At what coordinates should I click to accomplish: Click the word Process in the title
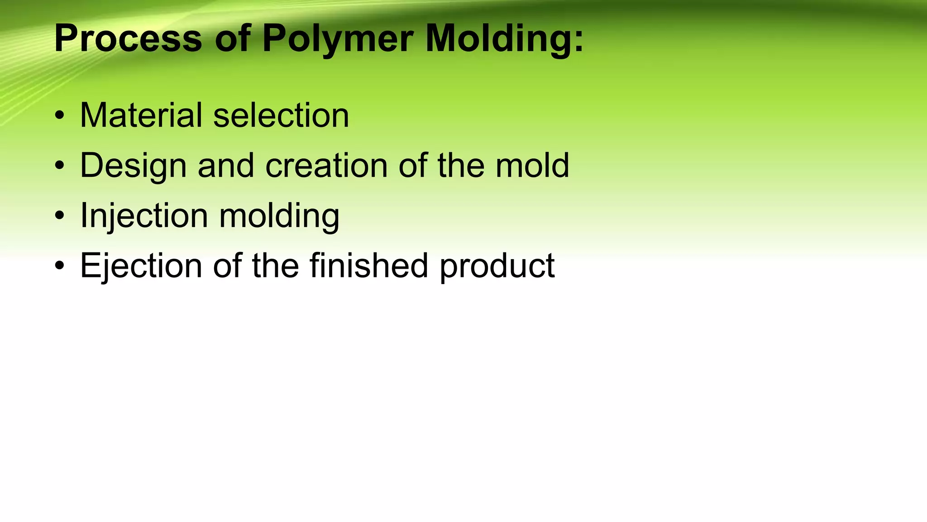(128, 39)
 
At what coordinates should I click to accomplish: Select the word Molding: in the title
(505, 39)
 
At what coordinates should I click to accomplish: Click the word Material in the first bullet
(141, 115)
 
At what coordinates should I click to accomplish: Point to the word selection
(281, 115)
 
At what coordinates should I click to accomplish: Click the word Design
(133, 166)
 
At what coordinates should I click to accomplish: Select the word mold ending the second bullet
(532, 165)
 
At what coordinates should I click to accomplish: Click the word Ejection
(141, 266)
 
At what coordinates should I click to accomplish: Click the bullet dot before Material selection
(59, 116)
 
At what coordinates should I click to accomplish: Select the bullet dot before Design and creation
(59, 166)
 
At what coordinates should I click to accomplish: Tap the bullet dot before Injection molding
(59, 216)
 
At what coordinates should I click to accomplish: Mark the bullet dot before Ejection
(59, 266)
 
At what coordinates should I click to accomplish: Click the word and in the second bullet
(225, 165)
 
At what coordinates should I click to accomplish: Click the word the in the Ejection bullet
(275, 266)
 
